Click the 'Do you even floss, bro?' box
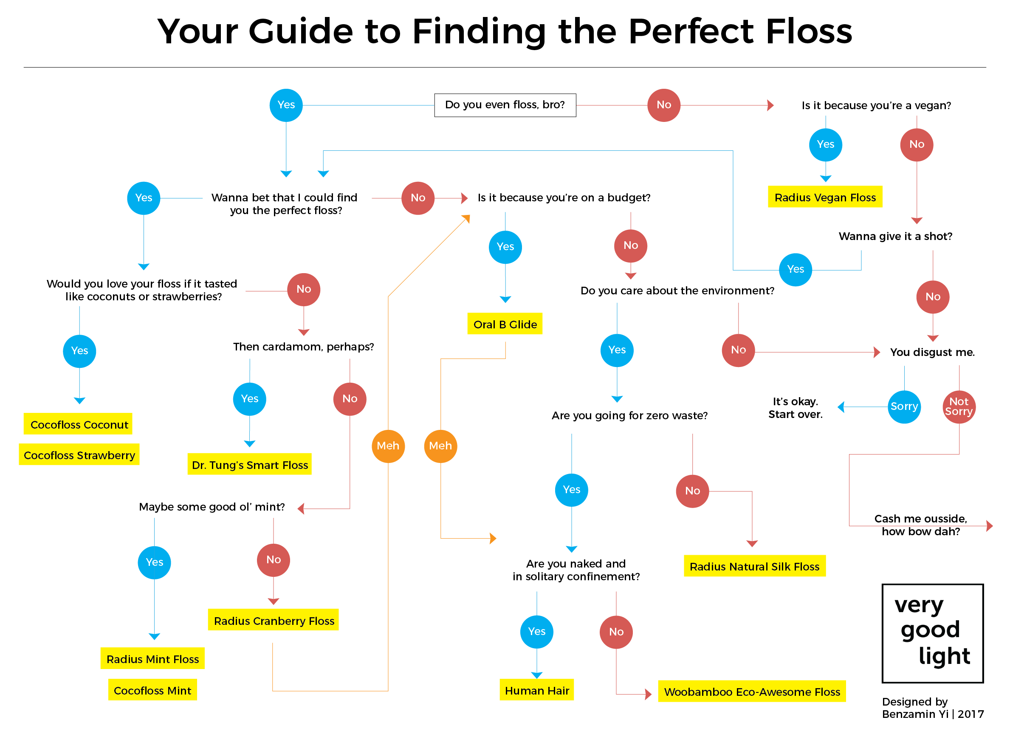click(x=505, y=105)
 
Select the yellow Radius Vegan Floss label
click(x=824, y=197)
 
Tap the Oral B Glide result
click(x=505, y=324)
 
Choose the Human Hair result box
click(x=536, y=690)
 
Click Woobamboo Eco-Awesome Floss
click(x=751, y=691)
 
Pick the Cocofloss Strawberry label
click(x=79, y=455)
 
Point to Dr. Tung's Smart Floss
click(x=249, y=464)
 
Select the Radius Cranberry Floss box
click(x=274, y=620)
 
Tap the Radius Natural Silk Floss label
click(x=754, y=566)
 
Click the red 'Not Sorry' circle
click(x=958, y=407)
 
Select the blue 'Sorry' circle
click(x=904, y=407)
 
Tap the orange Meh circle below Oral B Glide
click(x=440, y=446)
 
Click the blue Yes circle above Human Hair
click(x=536, y=631)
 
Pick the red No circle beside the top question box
click(x=663, y=105)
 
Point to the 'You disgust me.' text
click(x=932, y=352)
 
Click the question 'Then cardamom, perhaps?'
click(x=303, y=347)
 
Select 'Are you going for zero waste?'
click(x=629, y=415)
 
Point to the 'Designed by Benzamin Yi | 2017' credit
click(x=932, y=708)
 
